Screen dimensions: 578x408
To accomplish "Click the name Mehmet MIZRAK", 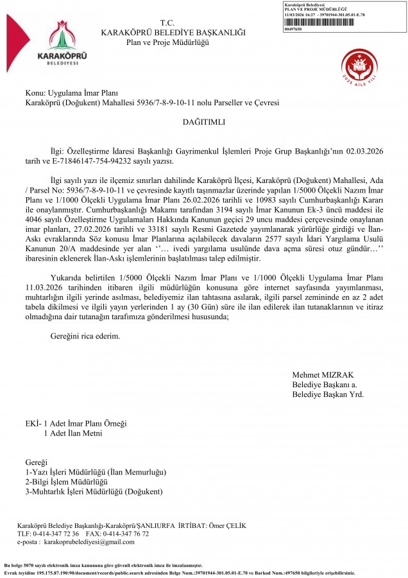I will point(323,375).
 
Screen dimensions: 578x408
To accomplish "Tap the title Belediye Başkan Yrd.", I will point(328,394).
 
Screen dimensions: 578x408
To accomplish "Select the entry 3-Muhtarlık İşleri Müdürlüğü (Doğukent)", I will point(94,491).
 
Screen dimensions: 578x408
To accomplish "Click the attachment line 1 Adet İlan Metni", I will point(72,433).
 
